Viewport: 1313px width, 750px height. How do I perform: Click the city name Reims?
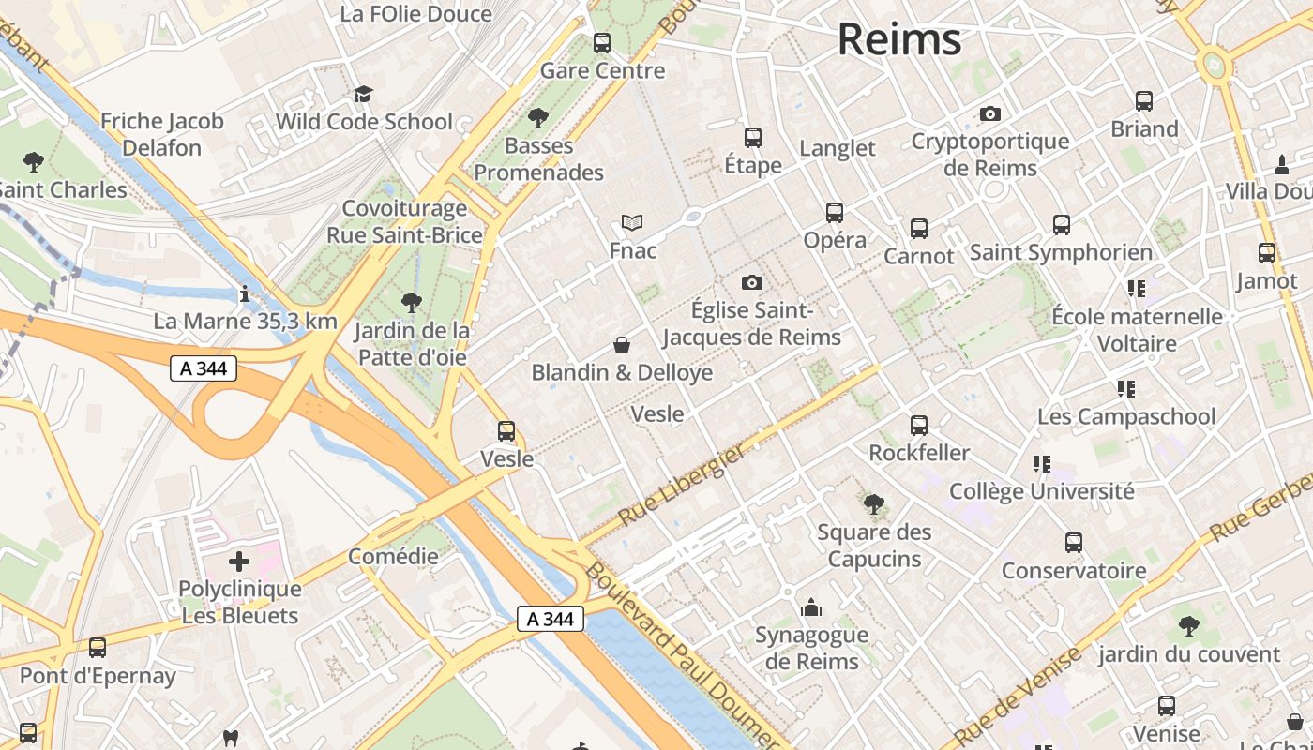click(898, 39)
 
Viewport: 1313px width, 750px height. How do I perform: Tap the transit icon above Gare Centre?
click(602, 43)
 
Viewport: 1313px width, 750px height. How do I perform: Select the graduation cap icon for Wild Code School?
click(363, 94)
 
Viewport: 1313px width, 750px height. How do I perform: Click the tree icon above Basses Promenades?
click(537, 118)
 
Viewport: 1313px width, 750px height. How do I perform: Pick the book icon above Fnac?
click(632, 223)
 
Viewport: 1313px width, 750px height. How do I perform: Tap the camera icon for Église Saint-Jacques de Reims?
click(751, 282)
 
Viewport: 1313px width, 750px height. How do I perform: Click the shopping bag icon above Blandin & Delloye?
click(621, 345)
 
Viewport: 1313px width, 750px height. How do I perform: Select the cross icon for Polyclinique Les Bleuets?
click(239, 562)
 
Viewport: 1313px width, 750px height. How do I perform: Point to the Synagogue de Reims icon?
click(811, 608)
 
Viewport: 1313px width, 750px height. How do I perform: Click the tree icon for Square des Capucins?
click(874, 504)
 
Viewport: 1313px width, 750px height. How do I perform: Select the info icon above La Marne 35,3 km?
click(245, 293)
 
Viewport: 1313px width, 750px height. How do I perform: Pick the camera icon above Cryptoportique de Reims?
click(989, 114)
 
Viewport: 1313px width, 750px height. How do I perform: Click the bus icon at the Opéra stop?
click(835, 213)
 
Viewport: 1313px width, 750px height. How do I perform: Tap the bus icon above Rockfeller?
click(919, 426)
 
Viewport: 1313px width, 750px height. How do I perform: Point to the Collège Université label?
click(1041, 490)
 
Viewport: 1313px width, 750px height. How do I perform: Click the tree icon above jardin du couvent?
click(1188, 625)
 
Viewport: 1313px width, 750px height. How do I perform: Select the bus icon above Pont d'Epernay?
click(98, 648)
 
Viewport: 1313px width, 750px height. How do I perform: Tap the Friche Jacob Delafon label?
click(162, 134)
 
